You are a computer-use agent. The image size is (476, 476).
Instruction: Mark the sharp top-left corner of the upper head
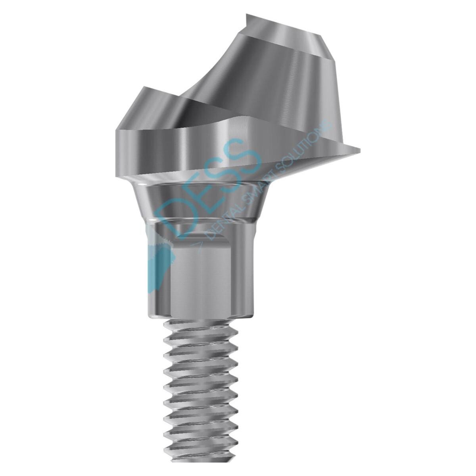[247, 16]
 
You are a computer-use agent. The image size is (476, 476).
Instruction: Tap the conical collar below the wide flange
[206, 202]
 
